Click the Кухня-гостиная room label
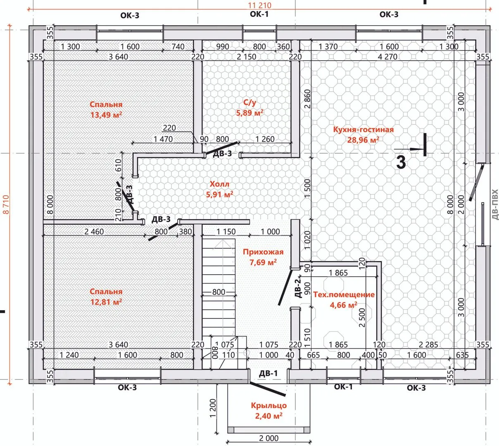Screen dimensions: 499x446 point(363,130)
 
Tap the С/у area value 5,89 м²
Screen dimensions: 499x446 point(250,113)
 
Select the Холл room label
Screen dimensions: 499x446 point(219,184)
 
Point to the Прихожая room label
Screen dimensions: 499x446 point(263,251)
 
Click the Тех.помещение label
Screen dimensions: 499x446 point(344,294)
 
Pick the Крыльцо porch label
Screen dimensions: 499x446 point(269,406)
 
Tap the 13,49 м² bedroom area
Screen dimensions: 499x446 point(106,115)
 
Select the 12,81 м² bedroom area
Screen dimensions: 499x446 point(106,302)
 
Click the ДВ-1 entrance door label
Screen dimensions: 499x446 point(268,374)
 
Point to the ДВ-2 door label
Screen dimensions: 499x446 point(297,288)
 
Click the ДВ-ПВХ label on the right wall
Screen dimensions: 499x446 point(494,205)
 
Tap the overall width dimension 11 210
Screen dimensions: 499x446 point(259,5)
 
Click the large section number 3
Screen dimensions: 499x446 point(401,163)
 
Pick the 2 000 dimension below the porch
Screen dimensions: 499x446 point(269,438)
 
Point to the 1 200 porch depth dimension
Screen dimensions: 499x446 point(213,408)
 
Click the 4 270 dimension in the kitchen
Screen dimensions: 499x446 point(387,57)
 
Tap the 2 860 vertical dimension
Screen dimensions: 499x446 point(307,99)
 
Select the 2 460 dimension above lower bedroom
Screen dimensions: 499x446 point(94,232)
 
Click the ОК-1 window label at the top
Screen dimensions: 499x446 point(259,14)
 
